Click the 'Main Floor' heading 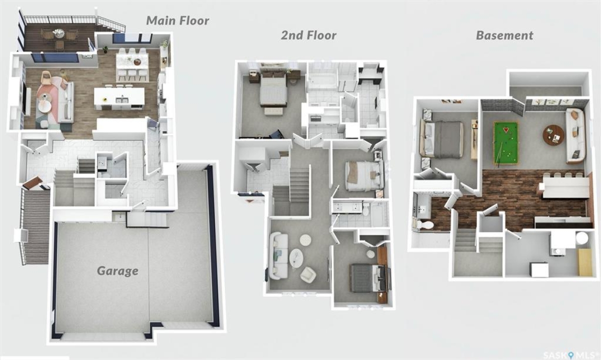tap(177, 21)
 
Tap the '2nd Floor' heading tap(308, 35)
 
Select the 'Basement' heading tap(504, 35)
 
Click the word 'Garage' tap(117, 271)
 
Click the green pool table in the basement tap(505, 142)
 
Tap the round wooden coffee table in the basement tap(553, 135)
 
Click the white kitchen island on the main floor tap(119, 98)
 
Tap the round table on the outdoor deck tap(59, 33)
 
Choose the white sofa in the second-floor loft tap(279, 256)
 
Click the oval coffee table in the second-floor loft tap(296, 258)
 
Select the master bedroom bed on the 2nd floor tap(273, 88)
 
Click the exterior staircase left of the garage tap(35, 225)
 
